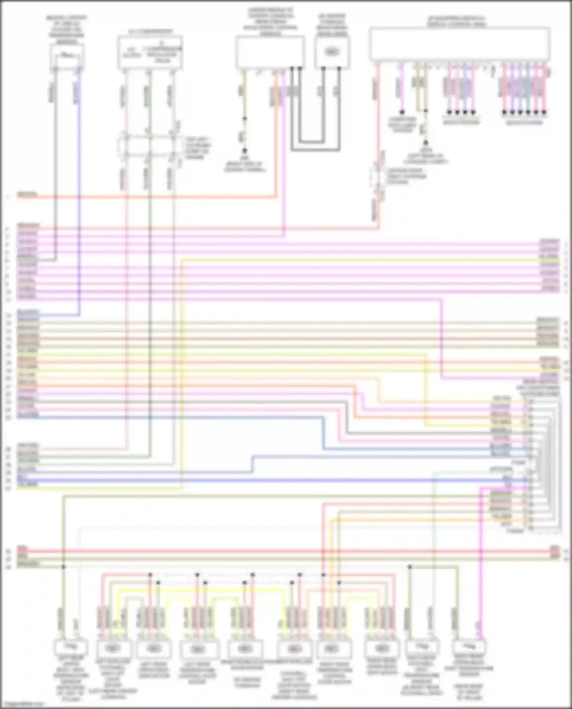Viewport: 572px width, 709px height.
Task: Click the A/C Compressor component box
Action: tap(150, 53)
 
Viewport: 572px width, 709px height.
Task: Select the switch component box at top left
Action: tap(67, 56)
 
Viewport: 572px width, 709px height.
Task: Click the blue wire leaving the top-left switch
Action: tap(79, 190)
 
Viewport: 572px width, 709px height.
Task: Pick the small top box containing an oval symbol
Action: tap(332, 52)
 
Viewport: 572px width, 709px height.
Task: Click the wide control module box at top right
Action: tap(459, 44)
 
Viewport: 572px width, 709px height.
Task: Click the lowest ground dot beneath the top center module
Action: tap(244, 151)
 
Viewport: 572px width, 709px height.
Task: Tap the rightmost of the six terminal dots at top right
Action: tap(546, 112)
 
